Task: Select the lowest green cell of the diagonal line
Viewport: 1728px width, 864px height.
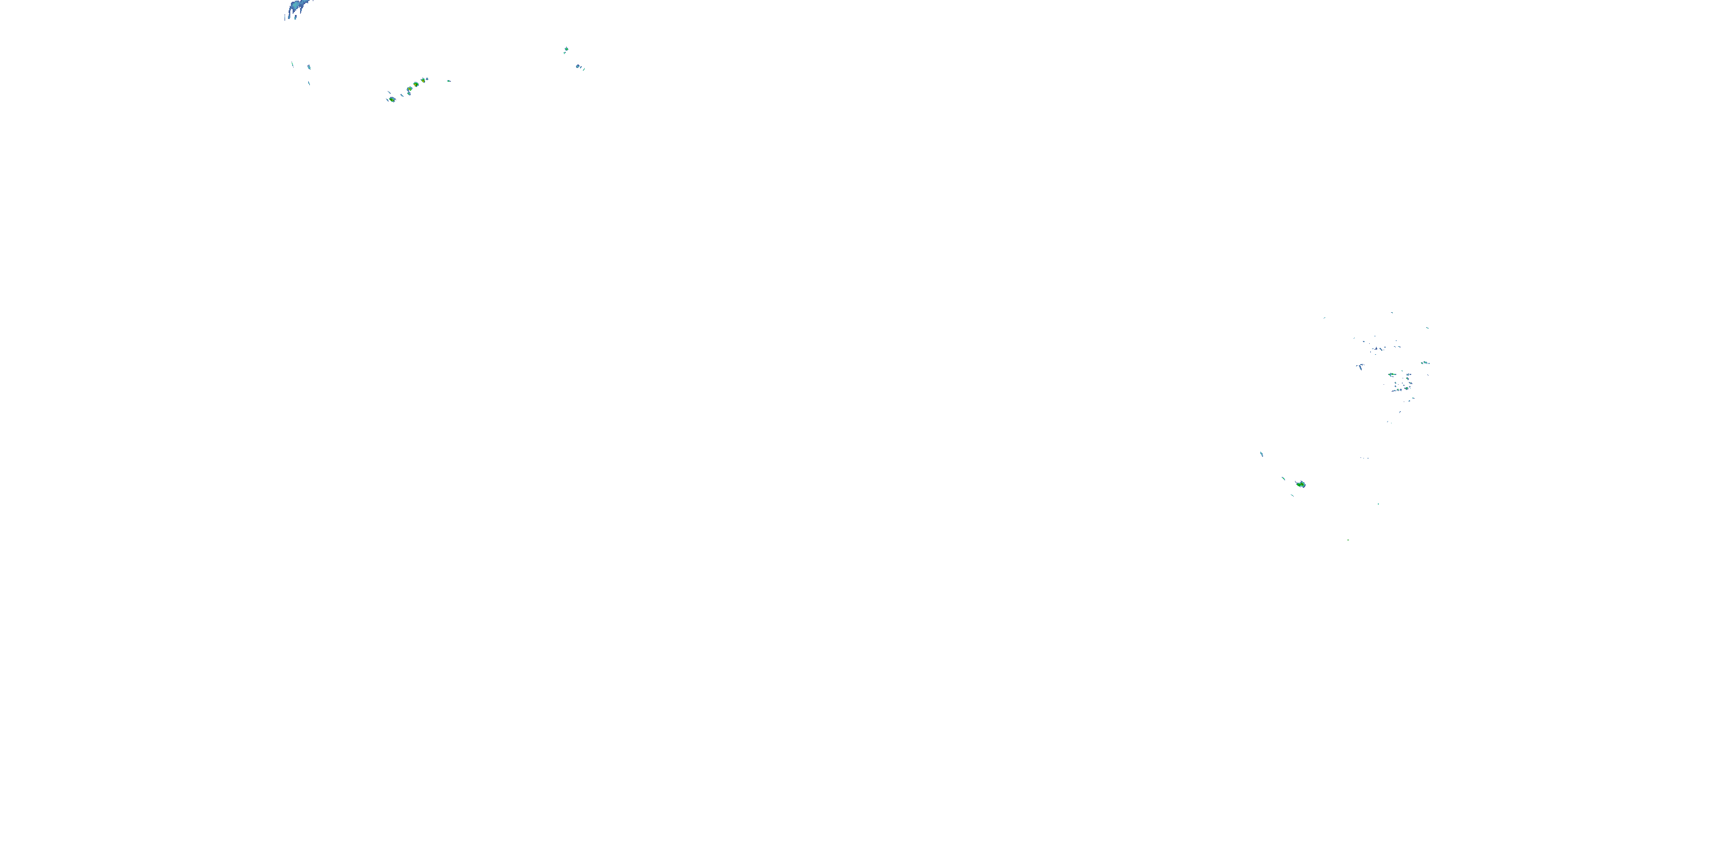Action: pyautogui.click(x=392, y=99)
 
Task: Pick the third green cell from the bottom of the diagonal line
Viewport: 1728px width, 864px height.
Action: pyautogui.click(x=416, y=84)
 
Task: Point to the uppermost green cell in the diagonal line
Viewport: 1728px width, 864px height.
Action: pyautogui.click(x=425, y=80)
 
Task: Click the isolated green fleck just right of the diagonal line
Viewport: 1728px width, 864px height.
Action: pyautogui.click(x=449, y=81)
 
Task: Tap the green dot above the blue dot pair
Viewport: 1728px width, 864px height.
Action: pyautogui.click(x=566, y=49)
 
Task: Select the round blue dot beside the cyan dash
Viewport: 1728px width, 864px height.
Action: pyautogui.click(x=578, y=66)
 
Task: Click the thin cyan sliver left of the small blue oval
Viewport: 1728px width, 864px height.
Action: pyautogui.click(x=293, y=65)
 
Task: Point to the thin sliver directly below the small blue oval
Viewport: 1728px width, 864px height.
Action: pyautogui.click(x=309, y=82)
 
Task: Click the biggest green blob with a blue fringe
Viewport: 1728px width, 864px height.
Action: pyautogui.click(x=1301, y=484)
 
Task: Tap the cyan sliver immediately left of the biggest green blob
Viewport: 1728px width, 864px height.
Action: pyautogui.click(x=1284, y=478)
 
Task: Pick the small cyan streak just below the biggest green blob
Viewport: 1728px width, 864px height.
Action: pyautogui.click(x=1292, y=495)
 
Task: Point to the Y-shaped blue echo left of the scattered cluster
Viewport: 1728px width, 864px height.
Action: pyautogui.click(x=1360, y=366)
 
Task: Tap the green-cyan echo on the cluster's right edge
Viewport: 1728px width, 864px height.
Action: pyautogui.click(x=1424, y=363)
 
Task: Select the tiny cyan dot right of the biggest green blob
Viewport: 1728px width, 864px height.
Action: pyautogui.click(x=1378, y=504)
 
